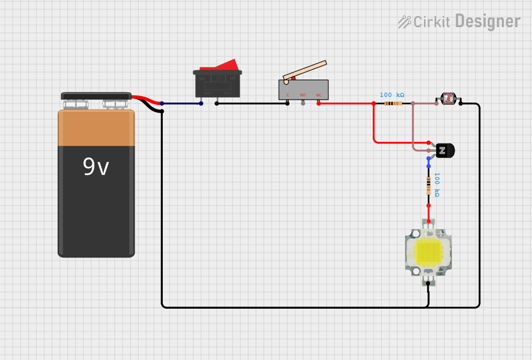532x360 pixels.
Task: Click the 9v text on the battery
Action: pos(95,167)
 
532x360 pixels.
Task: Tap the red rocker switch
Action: pos(219,66)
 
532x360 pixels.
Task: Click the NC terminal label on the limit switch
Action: pos(318,95)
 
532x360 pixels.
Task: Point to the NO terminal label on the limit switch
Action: pos(303,95)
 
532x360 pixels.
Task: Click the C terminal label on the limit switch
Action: pos(288,95)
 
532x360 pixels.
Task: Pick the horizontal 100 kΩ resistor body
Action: pos(393,104)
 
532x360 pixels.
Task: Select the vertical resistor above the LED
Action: pos(429,186)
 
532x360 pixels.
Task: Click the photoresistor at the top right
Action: pos(448,99)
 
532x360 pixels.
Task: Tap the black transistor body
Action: pos(445,150)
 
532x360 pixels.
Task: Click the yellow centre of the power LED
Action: pos(428,252)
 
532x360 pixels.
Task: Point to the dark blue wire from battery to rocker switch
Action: pos(181,104)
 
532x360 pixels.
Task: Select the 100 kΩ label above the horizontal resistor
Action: pos(392,95)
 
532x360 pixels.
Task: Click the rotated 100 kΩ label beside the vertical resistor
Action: pos(437,185)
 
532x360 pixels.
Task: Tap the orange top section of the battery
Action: pos(96,128)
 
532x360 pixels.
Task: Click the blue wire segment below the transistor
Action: pos(429,162)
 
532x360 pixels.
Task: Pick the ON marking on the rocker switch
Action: pos(202,78)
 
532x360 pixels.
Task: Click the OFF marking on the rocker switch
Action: pos(233,78)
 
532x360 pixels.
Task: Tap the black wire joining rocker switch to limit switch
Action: pos(251,104)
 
